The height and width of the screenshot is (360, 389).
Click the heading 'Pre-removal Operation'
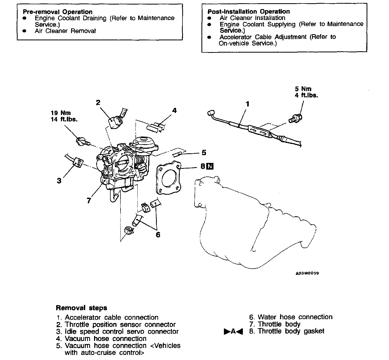click(57, 12)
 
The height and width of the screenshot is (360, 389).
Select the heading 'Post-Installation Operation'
click(248, 11)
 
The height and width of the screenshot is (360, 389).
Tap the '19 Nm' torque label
click(61, 113)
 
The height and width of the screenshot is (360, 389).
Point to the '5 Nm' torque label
click(303, 89)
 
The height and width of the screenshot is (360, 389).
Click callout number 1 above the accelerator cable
click(247, 104)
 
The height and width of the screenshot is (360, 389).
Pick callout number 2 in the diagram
click(98, 103)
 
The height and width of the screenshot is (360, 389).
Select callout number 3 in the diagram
click(59, 181)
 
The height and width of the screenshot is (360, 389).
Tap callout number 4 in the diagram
click(174, 110)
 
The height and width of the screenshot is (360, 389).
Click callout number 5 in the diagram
click(204, 152)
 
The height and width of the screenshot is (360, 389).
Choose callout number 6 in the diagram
click(158, 234)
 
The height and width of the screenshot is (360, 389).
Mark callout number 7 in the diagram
click(89, 200)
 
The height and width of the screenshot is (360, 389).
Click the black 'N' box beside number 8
click(210, 166)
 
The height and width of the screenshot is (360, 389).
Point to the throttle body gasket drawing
click(168, 178)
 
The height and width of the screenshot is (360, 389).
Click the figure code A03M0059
click(307, 273)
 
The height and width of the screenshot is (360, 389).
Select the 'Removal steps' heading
click(81, 308)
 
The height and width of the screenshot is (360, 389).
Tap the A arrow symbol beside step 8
click(233, 331)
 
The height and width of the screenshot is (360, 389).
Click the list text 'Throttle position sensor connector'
click(120, 324)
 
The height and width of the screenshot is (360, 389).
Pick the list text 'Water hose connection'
click(295, 317)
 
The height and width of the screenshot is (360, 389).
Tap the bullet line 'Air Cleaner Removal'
click(65, 31)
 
